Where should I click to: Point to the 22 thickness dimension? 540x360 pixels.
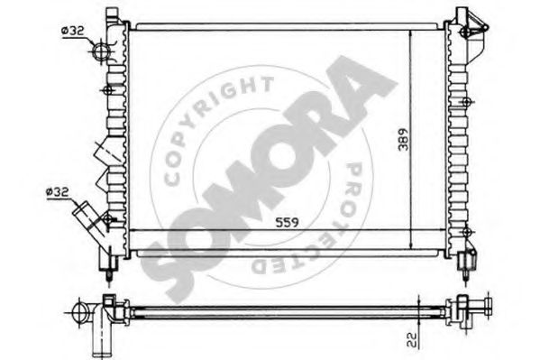click(x=411, y=340)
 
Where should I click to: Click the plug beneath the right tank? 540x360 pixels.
click(x=464, y=263)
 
